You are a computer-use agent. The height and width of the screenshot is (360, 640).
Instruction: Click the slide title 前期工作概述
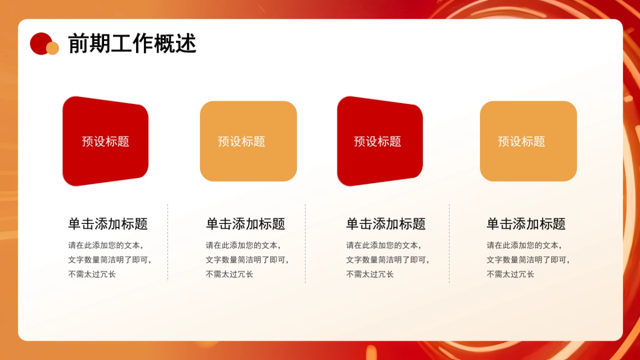tap(132, 44)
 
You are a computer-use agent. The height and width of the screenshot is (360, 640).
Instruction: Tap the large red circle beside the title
tap(39, 42)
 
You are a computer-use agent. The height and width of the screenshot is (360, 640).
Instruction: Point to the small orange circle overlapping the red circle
tap(53, 49)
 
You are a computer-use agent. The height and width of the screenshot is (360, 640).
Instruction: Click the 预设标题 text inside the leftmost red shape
tap(106, 141)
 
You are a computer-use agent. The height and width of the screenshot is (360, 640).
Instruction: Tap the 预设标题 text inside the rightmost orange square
tap(522, 141)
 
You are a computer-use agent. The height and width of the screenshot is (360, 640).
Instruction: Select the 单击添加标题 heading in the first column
tap(108, 224)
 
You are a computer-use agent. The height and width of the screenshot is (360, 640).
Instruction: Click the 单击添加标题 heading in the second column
tap(245, 224)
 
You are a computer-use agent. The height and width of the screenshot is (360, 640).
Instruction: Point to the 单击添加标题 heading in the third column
tap(386, 224)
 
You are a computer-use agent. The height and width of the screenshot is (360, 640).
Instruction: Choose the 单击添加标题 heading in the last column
tap(526, 224)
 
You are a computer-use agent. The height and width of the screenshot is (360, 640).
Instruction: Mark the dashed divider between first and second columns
tap(168, 243)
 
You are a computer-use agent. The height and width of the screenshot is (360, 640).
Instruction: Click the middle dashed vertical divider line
tap(306, 243)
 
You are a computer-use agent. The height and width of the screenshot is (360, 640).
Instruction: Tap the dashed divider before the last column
tap(449, 243)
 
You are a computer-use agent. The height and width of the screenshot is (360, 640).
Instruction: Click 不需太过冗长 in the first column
tap(92, 274)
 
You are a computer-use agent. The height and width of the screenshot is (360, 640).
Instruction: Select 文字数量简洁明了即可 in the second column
tap(247, 260)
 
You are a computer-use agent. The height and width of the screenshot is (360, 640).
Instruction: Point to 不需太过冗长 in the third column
tap(370, 274)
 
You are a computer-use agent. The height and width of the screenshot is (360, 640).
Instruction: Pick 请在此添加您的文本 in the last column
tap(523, 245)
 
